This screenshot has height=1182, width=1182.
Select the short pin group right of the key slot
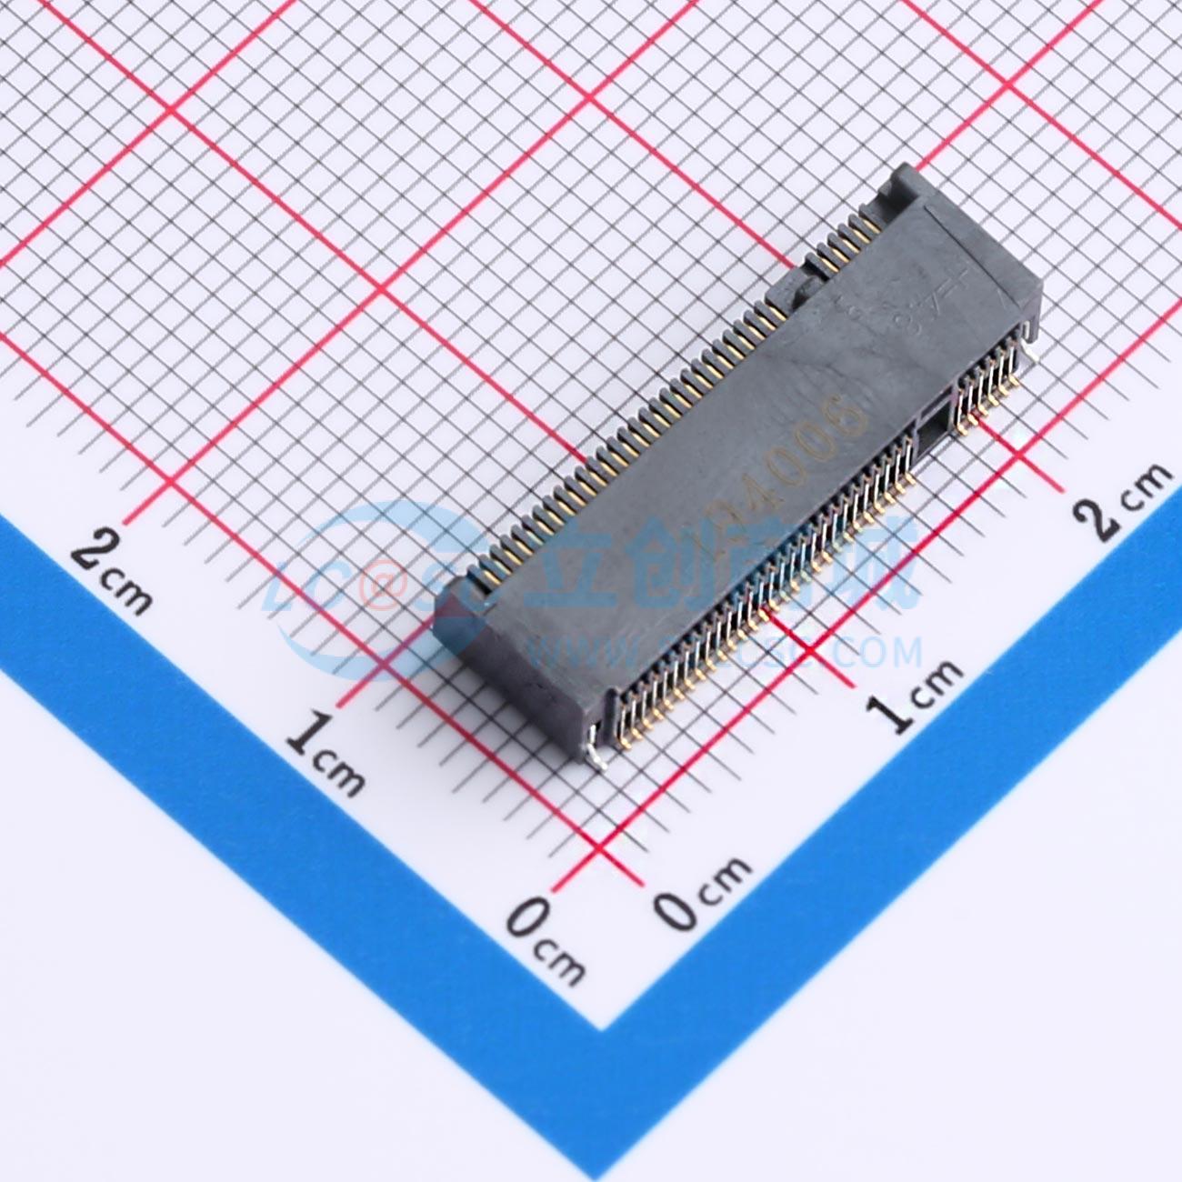[x=987, y=386]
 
